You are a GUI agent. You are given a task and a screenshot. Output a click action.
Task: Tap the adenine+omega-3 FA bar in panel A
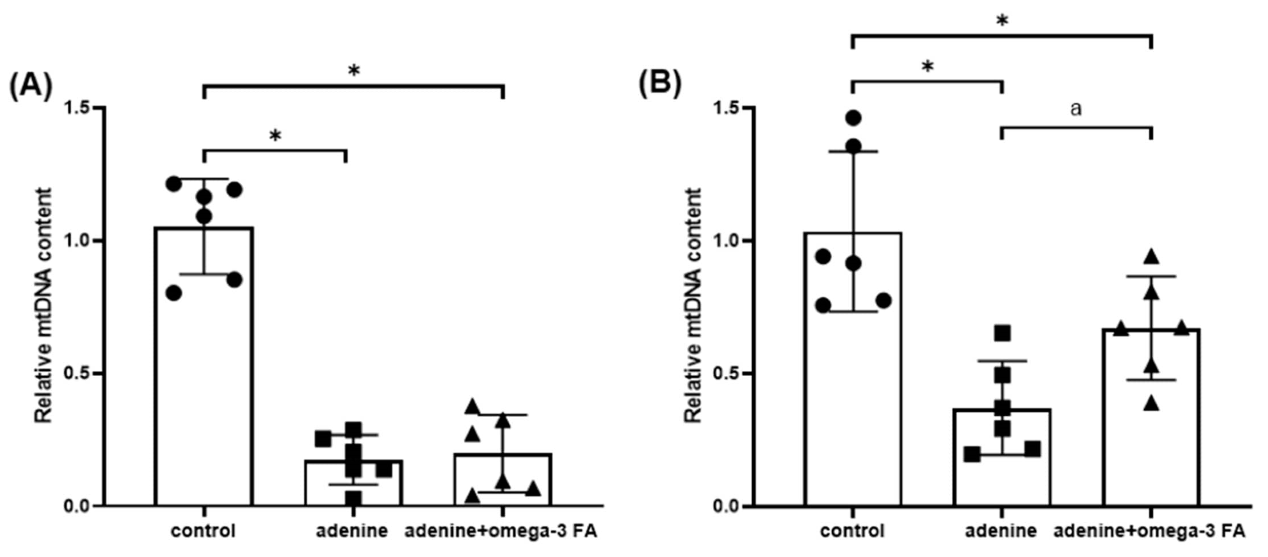click(502, 480)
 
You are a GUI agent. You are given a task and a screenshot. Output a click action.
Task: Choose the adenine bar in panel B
click(1002, 458)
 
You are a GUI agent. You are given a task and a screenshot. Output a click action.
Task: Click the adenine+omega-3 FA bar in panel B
click(1151, 418)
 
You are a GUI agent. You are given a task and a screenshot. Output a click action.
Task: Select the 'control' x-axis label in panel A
click(203, 532)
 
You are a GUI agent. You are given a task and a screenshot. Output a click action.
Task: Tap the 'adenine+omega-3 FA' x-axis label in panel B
click(1149, 532)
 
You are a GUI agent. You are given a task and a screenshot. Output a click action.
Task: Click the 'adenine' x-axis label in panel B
click(1001, 532)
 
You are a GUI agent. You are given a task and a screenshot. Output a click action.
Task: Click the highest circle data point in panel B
click(854, 117)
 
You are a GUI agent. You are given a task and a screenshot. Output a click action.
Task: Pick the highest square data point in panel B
click(1002, 333)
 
